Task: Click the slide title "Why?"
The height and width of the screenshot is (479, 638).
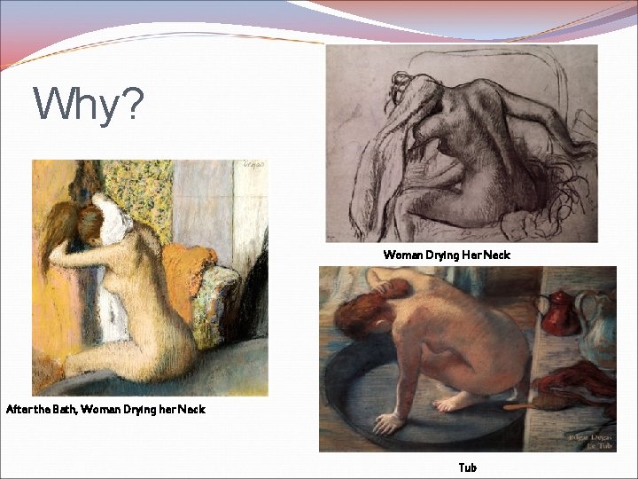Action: pos(88,106)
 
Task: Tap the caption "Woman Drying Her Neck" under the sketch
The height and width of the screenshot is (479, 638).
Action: pos(447,255)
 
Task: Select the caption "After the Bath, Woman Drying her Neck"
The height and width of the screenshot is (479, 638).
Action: pos(105,409)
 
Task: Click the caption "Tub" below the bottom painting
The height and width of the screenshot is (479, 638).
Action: pos(467,467)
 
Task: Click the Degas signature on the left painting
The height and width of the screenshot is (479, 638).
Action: pos(253,166)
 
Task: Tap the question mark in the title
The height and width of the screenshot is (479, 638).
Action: pos(129,106)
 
